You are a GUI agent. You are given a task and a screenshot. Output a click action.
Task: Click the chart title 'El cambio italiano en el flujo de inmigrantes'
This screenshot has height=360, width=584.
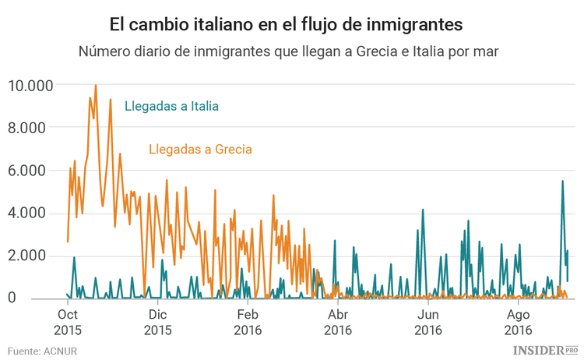(286, 25)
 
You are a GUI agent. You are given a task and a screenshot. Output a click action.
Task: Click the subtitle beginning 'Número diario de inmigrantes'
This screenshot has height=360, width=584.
(287, 51)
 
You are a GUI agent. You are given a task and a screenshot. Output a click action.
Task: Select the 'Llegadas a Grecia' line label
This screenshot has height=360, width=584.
(199, 148)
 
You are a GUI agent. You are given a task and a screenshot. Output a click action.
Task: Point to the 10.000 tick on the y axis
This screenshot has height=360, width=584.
(30, 85)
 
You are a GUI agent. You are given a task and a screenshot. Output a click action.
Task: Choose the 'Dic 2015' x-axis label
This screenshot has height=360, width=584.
(157, 322)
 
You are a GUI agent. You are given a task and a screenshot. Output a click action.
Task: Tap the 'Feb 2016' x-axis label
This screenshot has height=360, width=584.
(248, 322)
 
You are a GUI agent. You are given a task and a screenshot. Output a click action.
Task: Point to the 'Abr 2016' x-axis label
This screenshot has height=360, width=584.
(338, 322)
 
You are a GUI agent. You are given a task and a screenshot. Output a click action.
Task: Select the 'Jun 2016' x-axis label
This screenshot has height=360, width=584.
(428, 322)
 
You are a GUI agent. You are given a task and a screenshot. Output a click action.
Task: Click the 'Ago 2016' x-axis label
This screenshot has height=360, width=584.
(519, 322)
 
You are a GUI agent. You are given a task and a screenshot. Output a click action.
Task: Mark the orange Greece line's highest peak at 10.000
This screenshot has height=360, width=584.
(95, 86)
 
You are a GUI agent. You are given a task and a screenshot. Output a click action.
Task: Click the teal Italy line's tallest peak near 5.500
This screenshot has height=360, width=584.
(562, 182)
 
